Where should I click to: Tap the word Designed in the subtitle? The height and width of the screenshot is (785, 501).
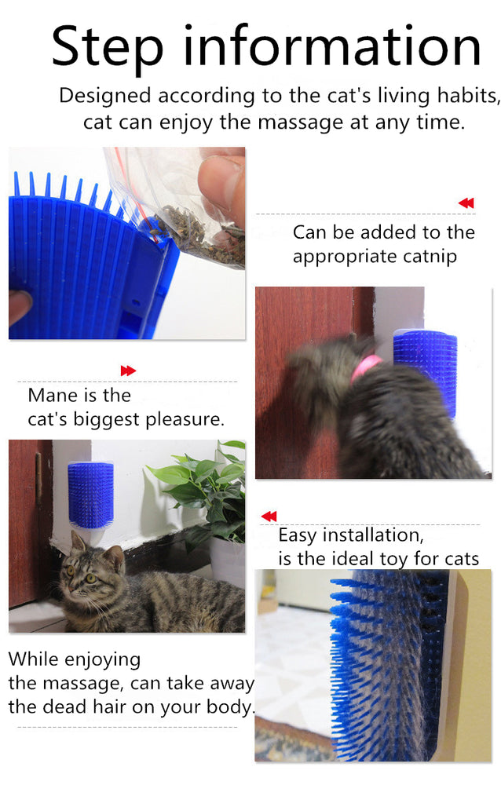tap(105, 96)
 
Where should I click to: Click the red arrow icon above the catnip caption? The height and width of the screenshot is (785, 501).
tap(466, 203)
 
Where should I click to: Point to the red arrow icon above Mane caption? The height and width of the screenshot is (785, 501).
tap(128, 371)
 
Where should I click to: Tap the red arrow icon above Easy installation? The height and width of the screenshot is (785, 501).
tap(269, 516)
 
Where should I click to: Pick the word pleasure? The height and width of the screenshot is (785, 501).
tap(187, 419)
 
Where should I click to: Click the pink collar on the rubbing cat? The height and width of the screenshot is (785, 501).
tap(366, 365)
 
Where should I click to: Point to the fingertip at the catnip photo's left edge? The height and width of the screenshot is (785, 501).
tap(19, 306)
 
